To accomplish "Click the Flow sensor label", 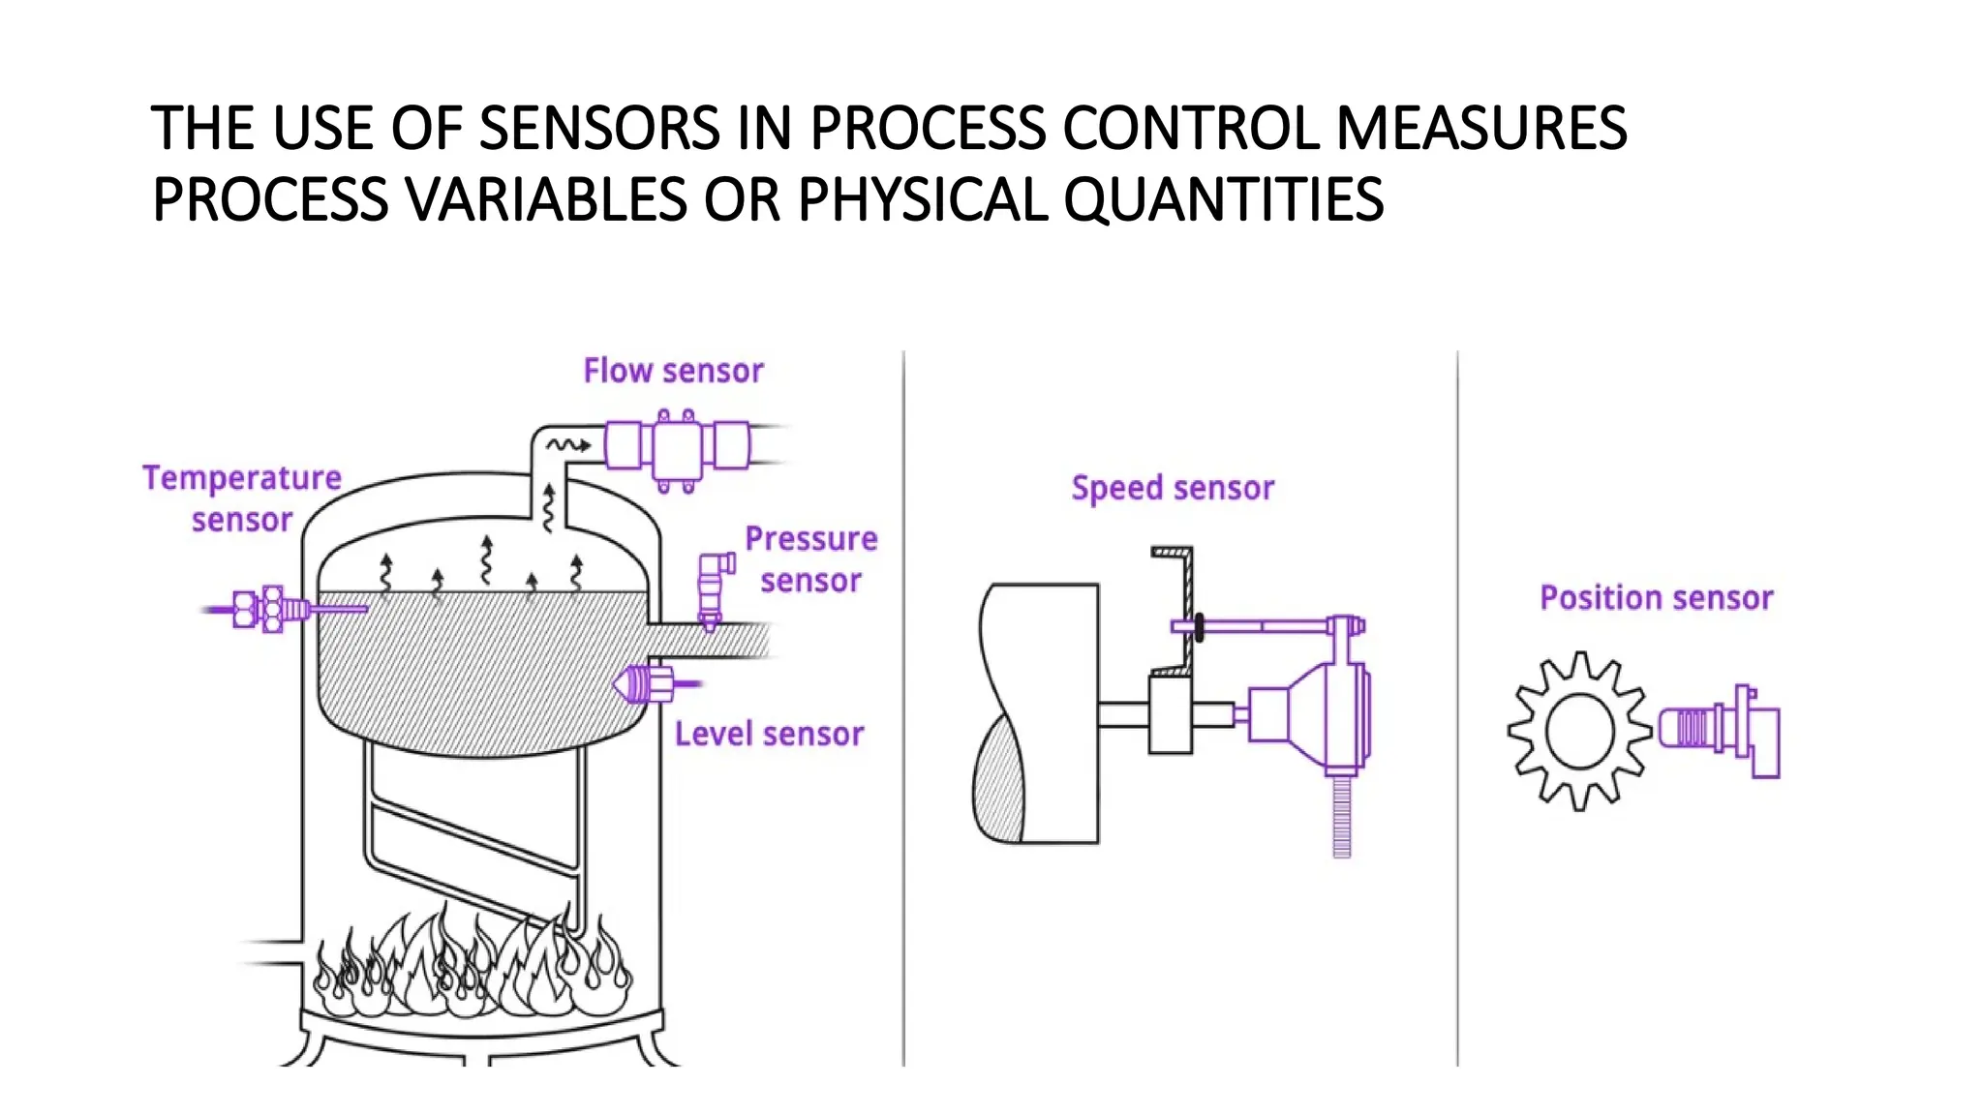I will (673, 371).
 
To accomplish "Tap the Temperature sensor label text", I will (242, 498).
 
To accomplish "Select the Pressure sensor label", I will (810, 559).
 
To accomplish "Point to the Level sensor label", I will (769, 734).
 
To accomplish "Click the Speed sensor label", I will (1173, 488).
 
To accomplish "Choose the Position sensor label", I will (1656, 598).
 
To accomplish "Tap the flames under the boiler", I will (474, 963).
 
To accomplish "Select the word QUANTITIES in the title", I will (1224, 200).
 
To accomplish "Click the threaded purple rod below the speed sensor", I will (1342, 818).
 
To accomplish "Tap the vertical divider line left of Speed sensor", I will (904, 707).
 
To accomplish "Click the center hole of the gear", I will (1580, 732).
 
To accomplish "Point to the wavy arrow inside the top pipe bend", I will (567, 445).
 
